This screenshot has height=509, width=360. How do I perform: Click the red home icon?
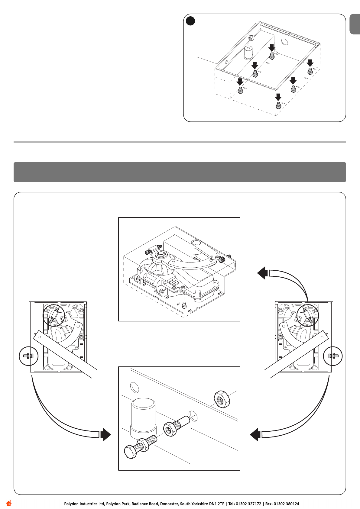8,503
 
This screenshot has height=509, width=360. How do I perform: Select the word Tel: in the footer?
231,504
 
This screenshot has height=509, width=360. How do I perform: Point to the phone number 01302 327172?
248,504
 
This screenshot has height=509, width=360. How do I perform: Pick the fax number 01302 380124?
286,504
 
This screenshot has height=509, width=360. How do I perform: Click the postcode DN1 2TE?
217,504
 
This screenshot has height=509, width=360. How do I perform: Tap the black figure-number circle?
190,21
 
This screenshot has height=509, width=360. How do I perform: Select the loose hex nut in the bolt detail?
222,399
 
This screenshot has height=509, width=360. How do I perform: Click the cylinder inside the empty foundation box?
250,53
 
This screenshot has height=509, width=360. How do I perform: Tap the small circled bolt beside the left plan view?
28,356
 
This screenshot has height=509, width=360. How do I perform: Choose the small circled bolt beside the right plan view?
333,356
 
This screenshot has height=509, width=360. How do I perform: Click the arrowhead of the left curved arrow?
106,434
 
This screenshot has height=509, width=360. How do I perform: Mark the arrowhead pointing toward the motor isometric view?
262,273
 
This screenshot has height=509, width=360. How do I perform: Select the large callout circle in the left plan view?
54,315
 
